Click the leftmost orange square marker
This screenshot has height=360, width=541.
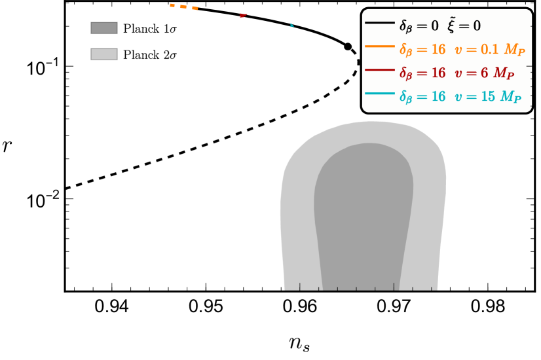point(172,5)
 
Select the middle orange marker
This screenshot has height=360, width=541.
point(183,7)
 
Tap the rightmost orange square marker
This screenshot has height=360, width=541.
point(195,8)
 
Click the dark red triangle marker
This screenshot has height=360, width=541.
point(243,15)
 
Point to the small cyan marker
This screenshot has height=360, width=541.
point(291,26)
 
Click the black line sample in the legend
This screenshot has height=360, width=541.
point(379,23)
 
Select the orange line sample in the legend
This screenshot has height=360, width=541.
point(379,46)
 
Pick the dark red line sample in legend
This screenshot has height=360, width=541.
point(379,70)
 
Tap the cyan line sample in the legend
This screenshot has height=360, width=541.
point(379,94)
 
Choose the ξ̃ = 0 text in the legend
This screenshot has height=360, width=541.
point(464,26)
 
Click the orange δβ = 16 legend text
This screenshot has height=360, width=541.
point(422,50)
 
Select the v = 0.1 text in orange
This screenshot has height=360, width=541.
point(476,49)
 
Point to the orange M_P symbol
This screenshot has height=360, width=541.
point(514,50)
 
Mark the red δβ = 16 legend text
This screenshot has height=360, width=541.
point(422,73)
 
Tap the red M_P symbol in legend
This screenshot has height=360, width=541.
point(504,74)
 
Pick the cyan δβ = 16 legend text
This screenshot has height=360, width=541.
point(422,97)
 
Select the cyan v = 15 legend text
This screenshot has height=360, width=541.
point(475,96)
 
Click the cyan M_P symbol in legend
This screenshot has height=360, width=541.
point(511,98)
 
